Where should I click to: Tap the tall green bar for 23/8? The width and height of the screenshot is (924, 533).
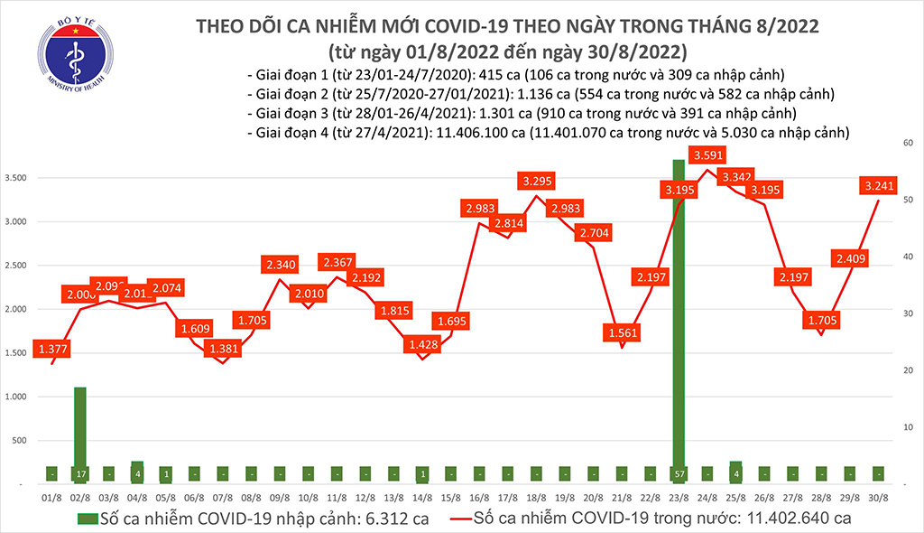(679, 316)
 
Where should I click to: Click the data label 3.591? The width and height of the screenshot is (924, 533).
(708, 155)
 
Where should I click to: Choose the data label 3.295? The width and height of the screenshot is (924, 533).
(537, 181)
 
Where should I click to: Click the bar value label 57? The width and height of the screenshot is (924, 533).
(679, 473)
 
